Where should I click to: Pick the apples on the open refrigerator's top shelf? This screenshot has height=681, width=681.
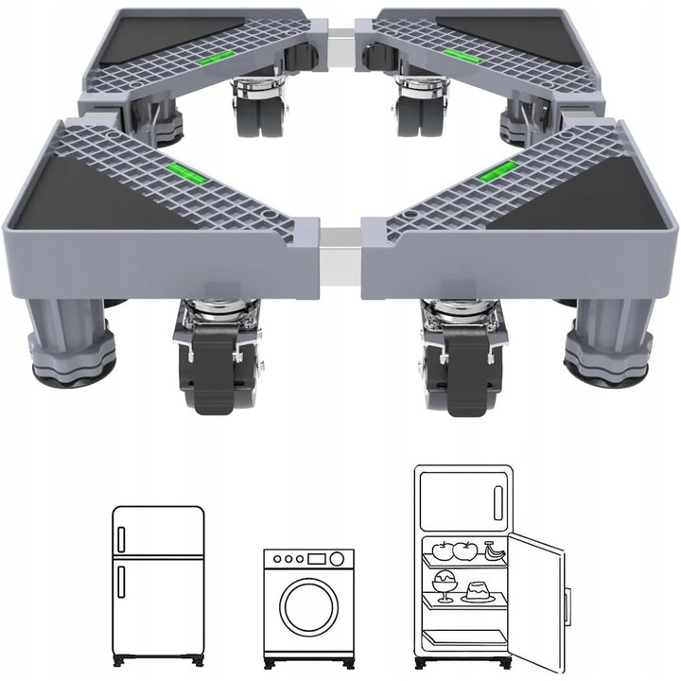pos(450,549)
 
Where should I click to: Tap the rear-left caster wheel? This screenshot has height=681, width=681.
pos(249,104)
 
